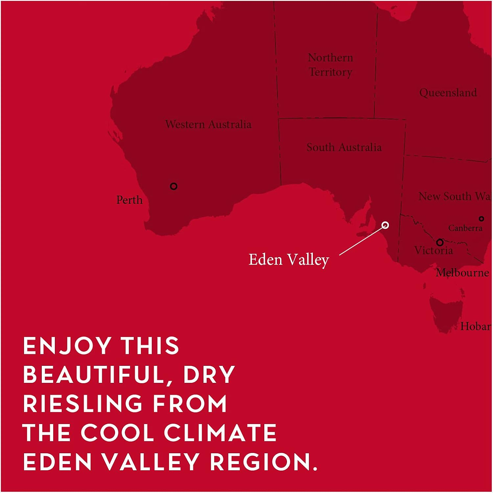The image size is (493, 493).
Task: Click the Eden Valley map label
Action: [289, 260]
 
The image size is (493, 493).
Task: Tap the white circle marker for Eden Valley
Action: [386, 225]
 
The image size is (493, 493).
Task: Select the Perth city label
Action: [129, 200]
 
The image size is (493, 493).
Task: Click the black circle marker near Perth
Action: [174, 186]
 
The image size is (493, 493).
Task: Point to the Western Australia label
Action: [208, 124]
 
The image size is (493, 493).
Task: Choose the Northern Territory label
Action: [330, 65]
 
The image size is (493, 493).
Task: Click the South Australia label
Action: [344, 147]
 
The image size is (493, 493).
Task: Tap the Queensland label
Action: [448, 93]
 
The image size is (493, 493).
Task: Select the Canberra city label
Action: [465, 228]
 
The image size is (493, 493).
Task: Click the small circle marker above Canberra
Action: [481, 219]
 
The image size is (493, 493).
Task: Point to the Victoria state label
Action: [433, 251]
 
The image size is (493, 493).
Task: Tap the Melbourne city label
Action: [462, 273]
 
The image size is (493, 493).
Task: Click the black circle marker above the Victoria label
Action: [440, 243]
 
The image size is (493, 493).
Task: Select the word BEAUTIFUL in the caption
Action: [93, 375]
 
